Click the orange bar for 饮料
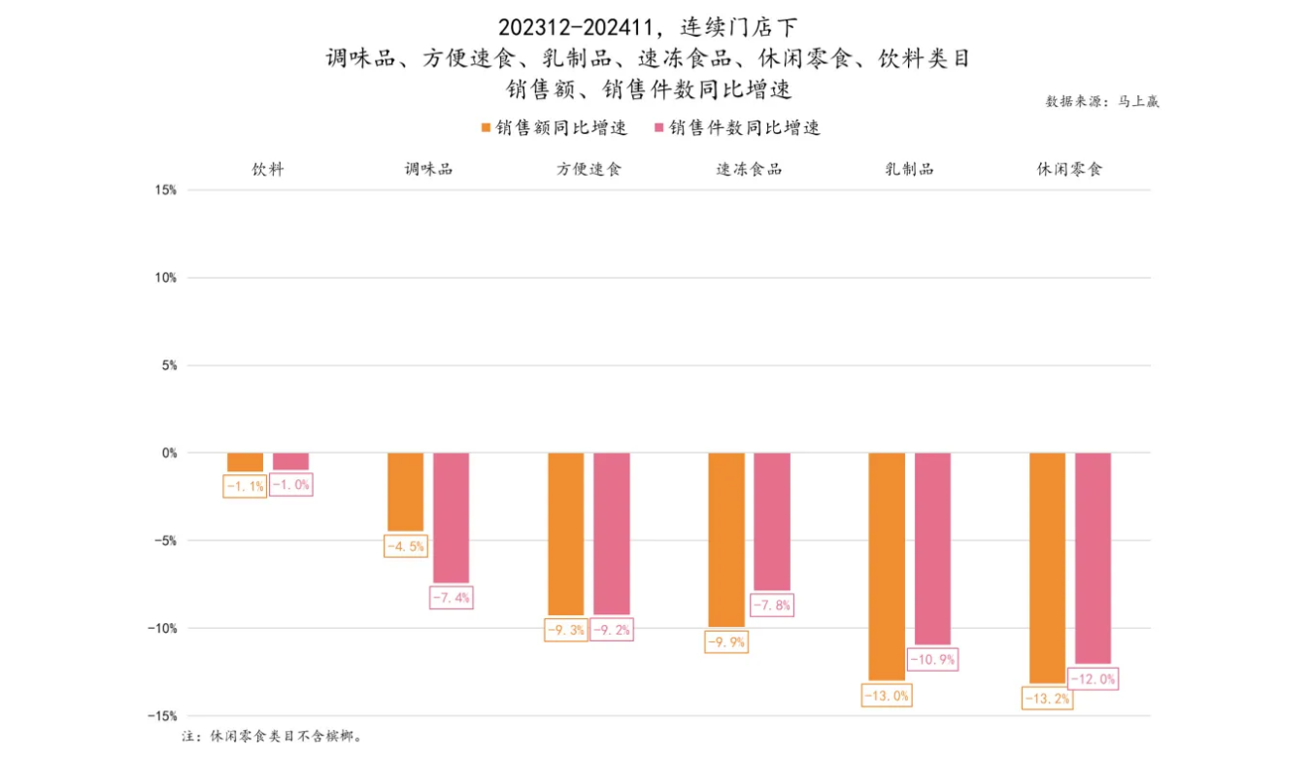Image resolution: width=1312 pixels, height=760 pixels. point(245,463)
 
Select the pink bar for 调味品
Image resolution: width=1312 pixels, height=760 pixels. point(451,517)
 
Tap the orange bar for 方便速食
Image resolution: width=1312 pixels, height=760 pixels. point(566,534)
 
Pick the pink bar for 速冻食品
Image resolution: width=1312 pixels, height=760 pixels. point(772,521)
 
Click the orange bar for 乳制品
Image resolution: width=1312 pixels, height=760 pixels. point(887,566)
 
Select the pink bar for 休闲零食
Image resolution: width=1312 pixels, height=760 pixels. point(1093,558)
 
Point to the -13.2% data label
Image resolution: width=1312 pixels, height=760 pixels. point(1048,698)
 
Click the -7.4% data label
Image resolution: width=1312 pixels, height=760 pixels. point(452,598)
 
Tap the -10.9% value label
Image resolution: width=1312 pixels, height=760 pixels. point(932,660)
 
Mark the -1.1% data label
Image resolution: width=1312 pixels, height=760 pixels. point(244,486)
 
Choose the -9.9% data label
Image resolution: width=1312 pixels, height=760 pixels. point(725,641)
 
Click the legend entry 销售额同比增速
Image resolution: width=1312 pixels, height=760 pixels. point(554,128)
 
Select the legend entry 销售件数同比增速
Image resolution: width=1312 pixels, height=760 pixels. point(737,128)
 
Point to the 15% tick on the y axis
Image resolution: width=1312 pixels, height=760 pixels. point(165,190)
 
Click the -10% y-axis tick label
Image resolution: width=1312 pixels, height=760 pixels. point(161,628)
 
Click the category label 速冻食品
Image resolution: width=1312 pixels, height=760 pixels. point(749,169)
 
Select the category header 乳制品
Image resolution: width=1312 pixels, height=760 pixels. point(909,169)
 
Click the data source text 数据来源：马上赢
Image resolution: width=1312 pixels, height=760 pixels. point(1102,101)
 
